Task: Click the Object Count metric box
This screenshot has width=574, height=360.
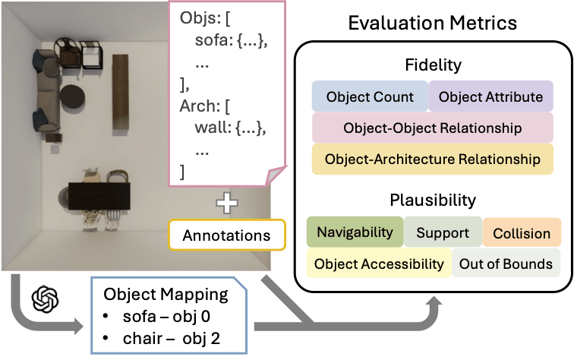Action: pos(370,97)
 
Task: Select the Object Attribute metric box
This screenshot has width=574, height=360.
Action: pos(490,97)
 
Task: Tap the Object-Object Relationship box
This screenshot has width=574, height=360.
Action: pos(432,128)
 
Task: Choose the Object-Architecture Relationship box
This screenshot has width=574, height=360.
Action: pos(432,159)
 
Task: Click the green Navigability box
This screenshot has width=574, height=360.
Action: pos(355,232)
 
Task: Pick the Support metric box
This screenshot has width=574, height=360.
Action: pos(442,232)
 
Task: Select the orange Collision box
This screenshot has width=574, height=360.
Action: pos(522,232)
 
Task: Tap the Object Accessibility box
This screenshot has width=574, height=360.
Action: pos(378,264)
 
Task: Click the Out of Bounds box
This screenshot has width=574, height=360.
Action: pos(506,264)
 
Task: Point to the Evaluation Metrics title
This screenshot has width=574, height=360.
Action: pos(432,22)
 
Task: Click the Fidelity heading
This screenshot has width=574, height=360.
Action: pos(432,67)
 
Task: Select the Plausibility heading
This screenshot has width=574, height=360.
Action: pos(432,201)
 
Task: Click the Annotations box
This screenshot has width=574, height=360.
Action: pos(226,235)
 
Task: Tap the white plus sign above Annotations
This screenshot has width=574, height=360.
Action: pos(226,204)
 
